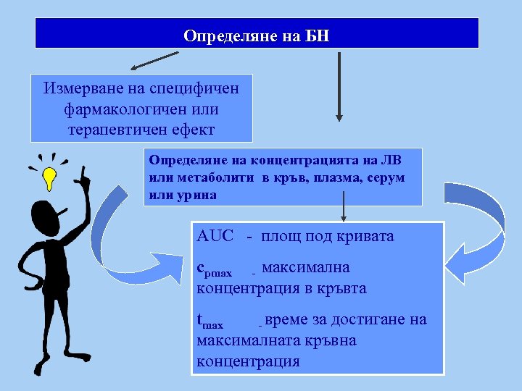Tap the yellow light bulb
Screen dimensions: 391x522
coord(49,177)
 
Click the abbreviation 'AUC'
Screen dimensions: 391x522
coord(216,237)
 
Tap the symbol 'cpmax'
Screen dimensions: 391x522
coord(215,270)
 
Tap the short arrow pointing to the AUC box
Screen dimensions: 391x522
coord(344,209)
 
